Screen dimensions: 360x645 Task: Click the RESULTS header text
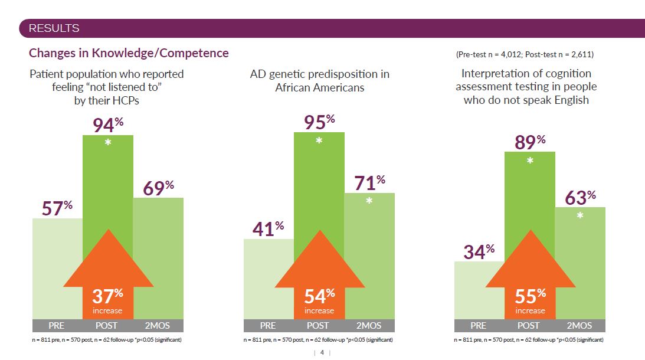(54, 28)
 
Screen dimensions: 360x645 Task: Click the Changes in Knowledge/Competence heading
(129, 53)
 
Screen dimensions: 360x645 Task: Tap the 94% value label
(107, 125)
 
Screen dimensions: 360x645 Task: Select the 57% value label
(57, 208)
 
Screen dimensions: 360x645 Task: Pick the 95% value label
(319, 122)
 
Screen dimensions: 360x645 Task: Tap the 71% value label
(369, 183)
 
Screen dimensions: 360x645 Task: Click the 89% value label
(529, 142)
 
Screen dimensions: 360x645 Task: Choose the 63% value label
(580, 198)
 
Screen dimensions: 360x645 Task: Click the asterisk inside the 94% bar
(108, 142)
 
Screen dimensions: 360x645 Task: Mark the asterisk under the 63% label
(580, 216)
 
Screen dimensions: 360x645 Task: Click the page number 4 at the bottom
(322, 352)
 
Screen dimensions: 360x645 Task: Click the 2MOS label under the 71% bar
(369, 326)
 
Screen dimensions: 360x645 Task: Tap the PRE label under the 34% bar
(479, 326)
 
